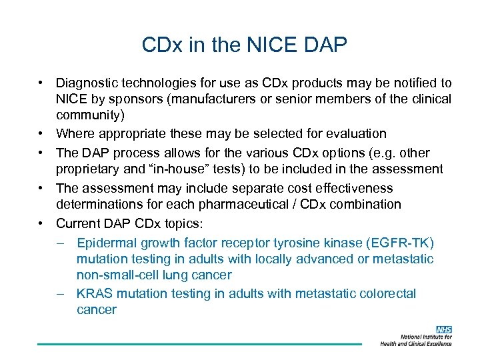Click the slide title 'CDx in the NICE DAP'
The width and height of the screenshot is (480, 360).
(245, 45)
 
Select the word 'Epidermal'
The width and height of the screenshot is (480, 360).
(106, 242)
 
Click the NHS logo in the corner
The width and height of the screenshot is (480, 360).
(444, 329)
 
